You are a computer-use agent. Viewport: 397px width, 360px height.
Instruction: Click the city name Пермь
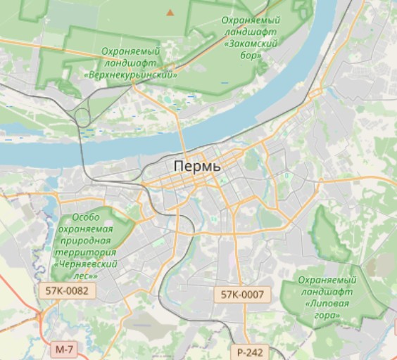coord(197,167)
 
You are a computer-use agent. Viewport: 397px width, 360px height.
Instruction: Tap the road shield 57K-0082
coord(66,290)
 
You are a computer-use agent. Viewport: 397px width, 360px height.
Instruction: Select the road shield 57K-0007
coord(242,295)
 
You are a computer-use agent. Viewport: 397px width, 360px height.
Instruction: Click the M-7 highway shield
coord(63,349)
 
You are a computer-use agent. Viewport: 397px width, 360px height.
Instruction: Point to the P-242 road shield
coord(249,352)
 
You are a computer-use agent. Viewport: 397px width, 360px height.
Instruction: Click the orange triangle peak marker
coord(170,12)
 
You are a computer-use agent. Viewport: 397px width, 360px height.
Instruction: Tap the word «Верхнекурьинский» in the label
coord(130,73)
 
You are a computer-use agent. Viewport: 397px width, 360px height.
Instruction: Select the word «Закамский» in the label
coord(251,43)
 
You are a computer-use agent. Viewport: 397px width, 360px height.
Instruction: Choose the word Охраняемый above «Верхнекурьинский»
coord(130,51)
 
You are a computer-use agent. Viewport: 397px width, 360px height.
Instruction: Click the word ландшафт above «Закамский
coord(251,32)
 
